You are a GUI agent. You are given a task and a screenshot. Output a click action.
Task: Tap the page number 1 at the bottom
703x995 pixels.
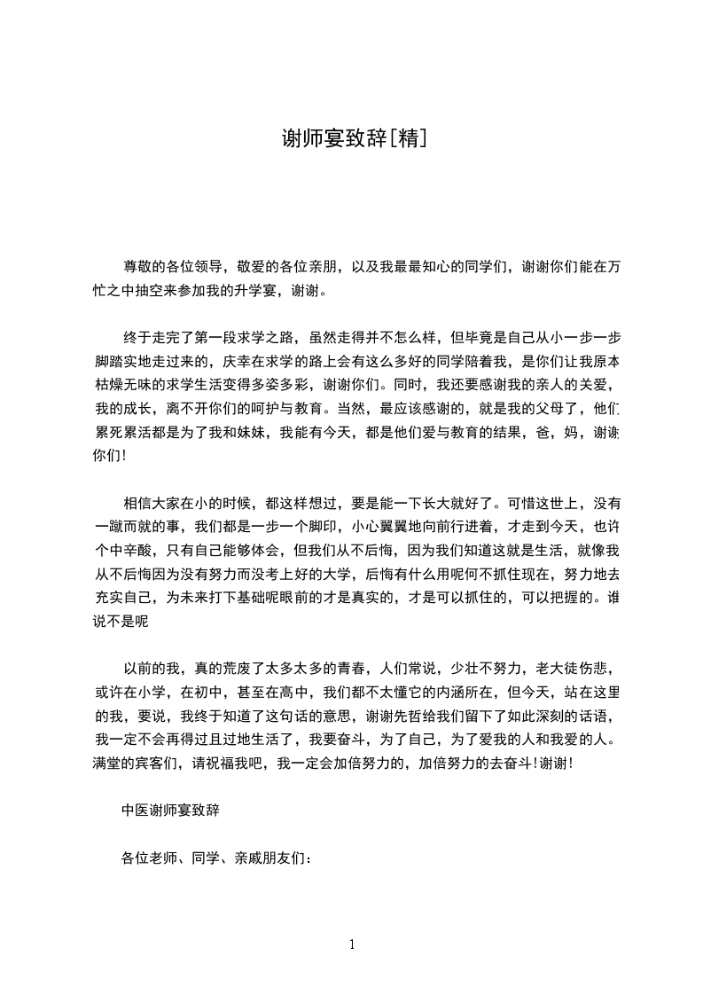point(352,944)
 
